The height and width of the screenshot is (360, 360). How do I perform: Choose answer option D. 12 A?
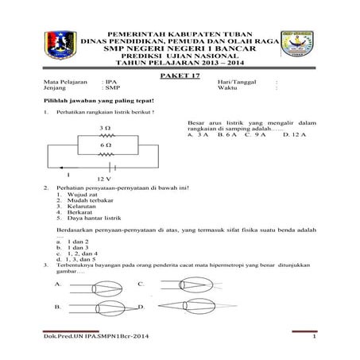point(295,136)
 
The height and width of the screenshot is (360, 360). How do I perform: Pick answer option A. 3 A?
point(198,136)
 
